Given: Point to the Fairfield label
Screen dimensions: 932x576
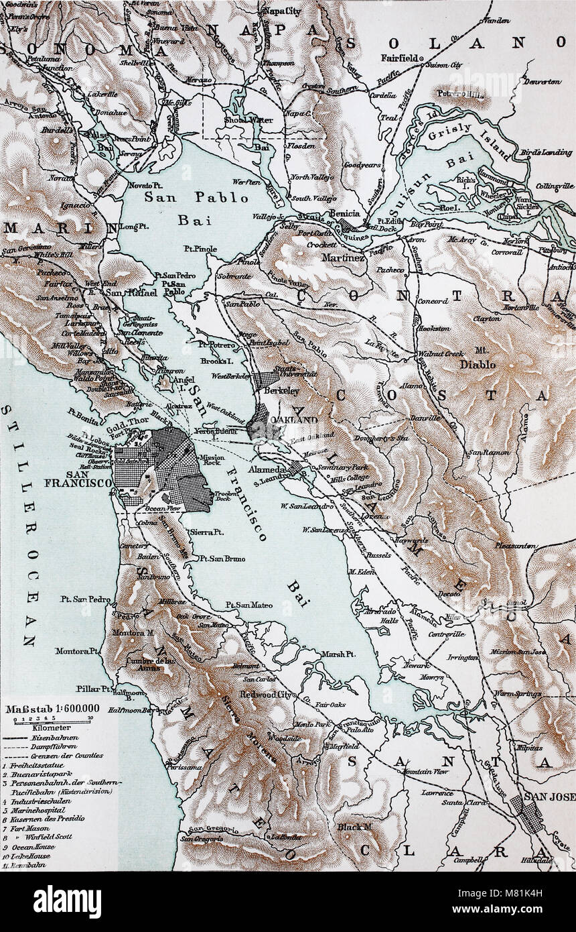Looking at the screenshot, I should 401,58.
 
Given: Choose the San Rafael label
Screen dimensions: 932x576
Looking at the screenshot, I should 127,293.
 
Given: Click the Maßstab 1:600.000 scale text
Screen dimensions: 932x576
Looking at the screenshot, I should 53,708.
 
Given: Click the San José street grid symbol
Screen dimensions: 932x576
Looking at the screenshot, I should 528,813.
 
